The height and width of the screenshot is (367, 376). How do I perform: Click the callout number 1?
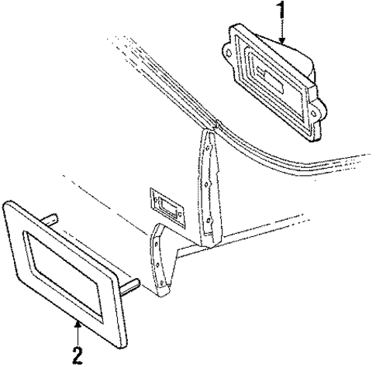click(282, 10)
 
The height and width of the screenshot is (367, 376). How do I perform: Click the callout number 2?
click(78, 355)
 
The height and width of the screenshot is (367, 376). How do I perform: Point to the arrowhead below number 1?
click(282, 40)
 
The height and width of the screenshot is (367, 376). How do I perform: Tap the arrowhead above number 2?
click(78, 323)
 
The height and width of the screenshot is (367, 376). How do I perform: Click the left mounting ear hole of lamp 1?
click(229, 53)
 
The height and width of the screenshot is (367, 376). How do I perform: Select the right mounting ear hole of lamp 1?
click(314, 114)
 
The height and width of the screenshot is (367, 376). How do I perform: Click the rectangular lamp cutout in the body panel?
click(167, 207)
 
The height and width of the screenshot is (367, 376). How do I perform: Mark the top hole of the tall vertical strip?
click(208, 148)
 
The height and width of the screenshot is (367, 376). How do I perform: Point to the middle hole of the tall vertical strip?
click(207, 184)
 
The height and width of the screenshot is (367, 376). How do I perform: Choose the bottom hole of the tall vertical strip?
click(209, 220)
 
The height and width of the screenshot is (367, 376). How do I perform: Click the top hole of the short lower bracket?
click(156, 242)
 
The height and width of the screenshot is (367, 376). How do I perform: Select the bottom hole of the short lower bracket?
click(161, 283)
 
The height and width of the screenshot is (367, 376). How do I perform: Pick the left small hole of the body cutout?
click(155, 200)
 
